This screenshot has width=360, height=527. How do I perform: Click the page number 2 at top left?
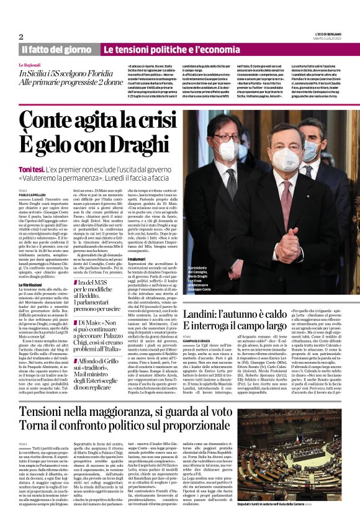point(21,37)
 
